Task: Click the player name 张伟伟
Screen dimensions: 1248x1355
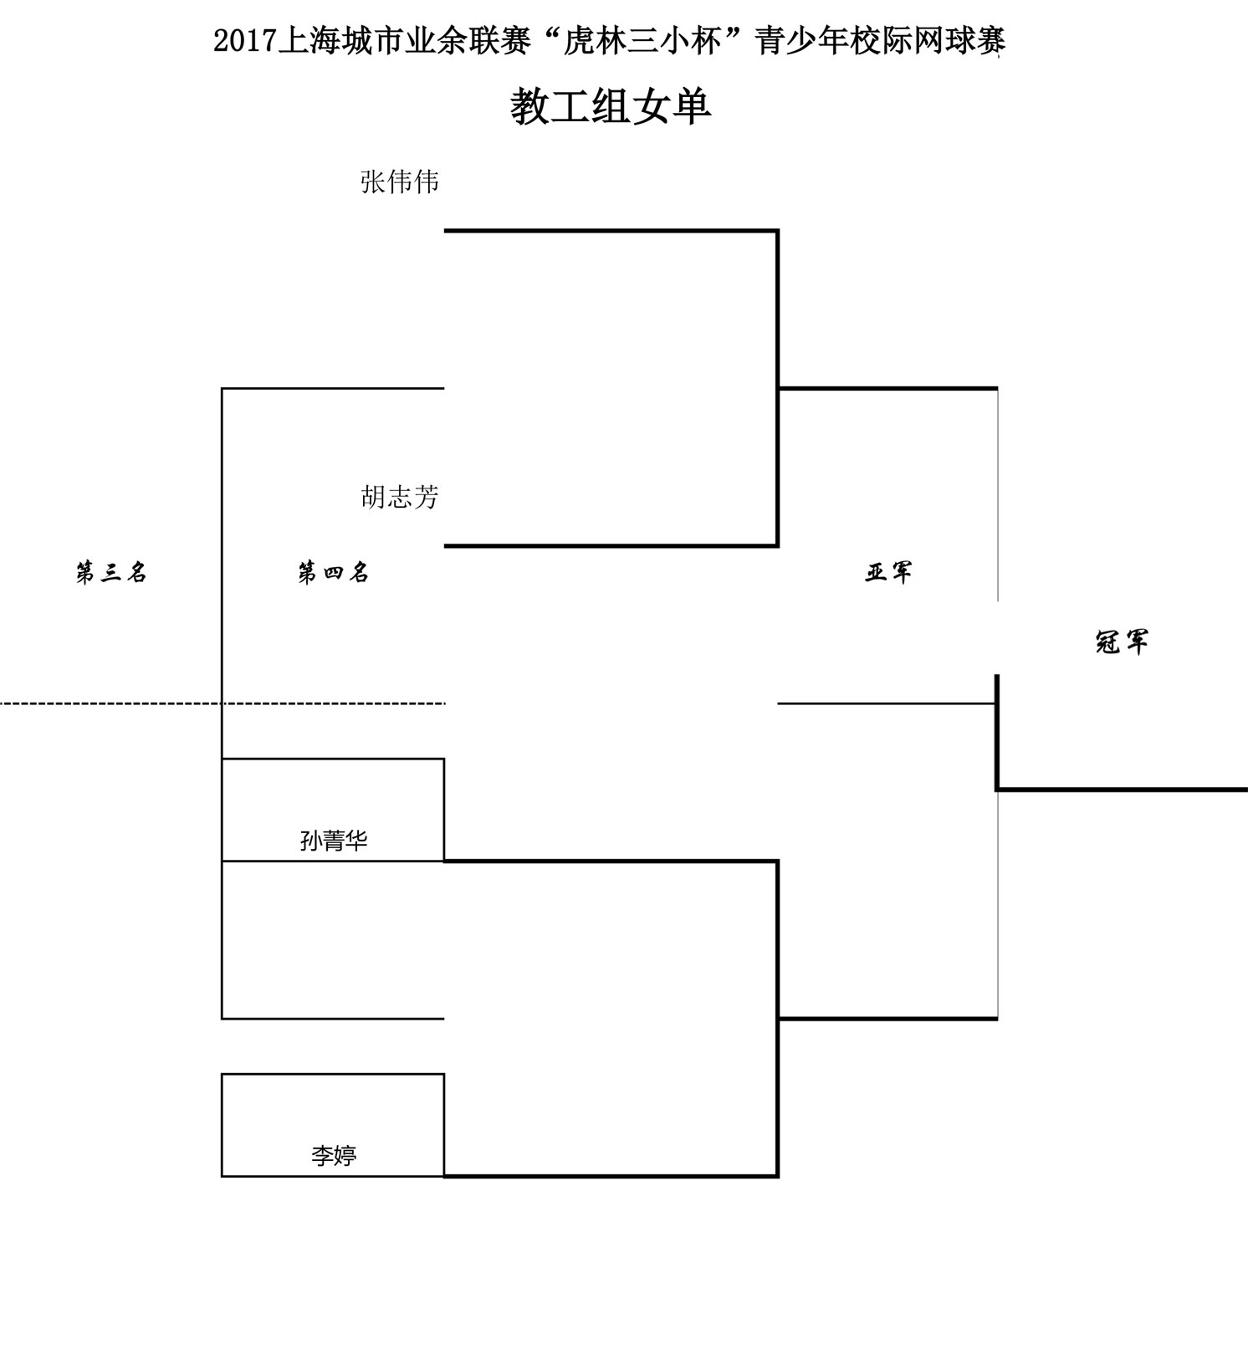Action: pyautogui.click(x=400, y=182)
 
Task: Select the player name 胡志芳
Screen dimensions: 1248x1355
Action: pyautogui.click(x=400, y=498)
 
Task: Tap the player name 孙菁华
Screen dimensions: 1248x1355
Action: pyautogui.click(x=334, y=840)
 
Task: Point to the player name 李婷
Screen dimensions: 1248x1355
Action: pyautogui.click(x=334, y=1155)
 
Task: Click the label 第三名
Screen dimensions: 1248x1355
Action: pyautogui.click(x=111, y=573)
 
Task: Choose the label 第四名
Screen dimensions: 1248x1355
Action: pyautogui.click(x=334, y=573)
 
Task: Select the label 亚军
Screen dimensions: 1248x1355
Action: pyautogui.click(x=888, y=573)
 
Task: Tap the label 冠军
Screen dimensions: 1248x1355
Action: pyautogui.click(x=1122, y=642)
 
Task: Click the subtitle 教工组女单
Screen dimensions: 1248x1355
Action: pyautogui.click(x=611, y=107)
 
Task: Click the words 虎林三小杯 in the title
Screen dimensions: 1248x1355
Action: pyautogui.click(x=642, y=41)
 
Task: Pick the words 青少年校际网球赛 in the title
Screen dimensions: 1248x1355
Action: pyautogui.click(x=880, y=41)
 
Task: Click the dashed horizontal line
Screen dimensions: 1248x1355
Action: pyautogui.click(x=222, y=703)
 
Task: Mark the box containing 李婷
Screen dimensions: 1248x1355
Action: pyautogui.click(x=333, y=1125)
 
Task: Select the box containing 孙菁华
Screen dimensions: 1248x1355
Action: pyautogui.click(x=333, y=810)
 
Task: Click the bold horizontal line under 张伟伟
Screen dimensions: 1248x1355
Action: pyautogui.click(x=611, y=230)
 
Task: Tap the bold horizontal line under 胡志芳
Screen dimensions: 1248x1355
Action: pyautogui.click(x=611, y=546)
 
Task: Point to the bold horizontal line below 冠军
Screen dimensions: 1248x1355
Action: pyautogui.click(x=1122, y=789)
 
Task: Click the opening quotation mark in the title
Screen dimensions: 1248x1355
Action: pyautogui.click(x=547, y=33)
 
